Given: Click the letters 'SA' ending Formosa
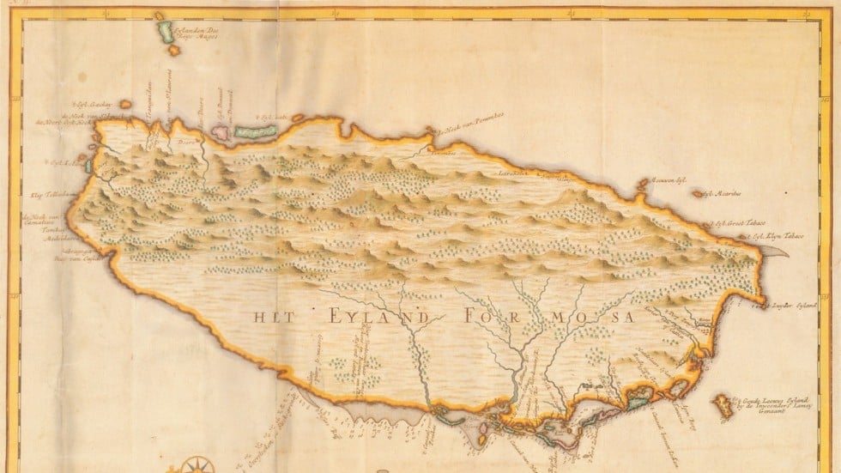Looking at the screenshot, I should tap(625, 317).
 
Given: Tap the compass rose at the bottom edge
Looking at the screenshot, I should tap(197, 464).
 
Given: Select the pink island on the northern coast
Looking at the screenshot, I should tap(221, 133).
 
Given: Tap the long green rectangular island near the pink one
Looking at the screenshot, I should tap(254, 131).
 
